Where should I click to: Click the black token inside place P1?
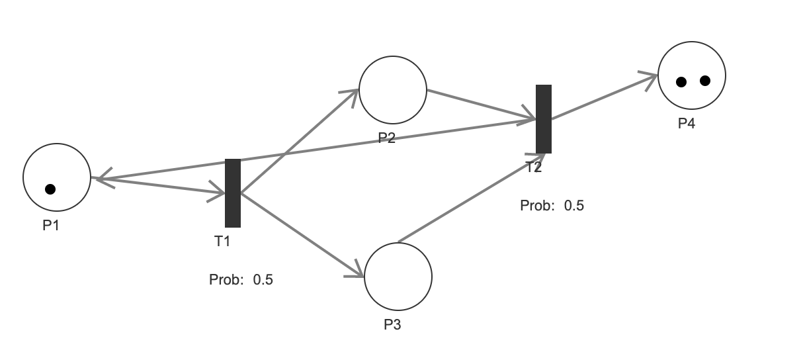click(x=50, y=189)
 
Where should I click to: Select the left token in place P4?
click(x=681, y=82)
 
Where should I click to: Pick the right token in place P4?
click(x=704, y=81)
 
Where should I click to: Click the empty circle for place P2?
click(x=393, y=90)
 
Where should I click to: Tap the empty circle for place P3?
click(x=398, y=277)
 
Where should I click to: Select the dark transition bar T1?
click(x=233, y=193)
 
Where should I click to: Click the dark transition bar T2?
click(x=544, y=119)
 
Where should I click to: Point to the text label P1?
click(x=51, y=225)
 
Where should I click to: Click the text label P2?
click(x=386, y=138)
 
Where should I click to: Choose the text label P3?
click(x=392, y=325)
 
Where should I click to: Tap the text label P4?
click(x=687, y=123)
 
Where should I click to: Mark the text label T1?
click(x=222, y=241)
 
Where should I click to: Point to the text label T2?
click(x=534, y=167)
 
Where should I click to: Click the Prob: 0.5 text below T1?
click(x=241, y=279)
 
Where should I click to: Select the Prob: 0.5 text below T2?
click(x=552, y=205)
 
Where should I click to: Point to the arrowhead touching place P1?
click(x=103, y=178)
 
